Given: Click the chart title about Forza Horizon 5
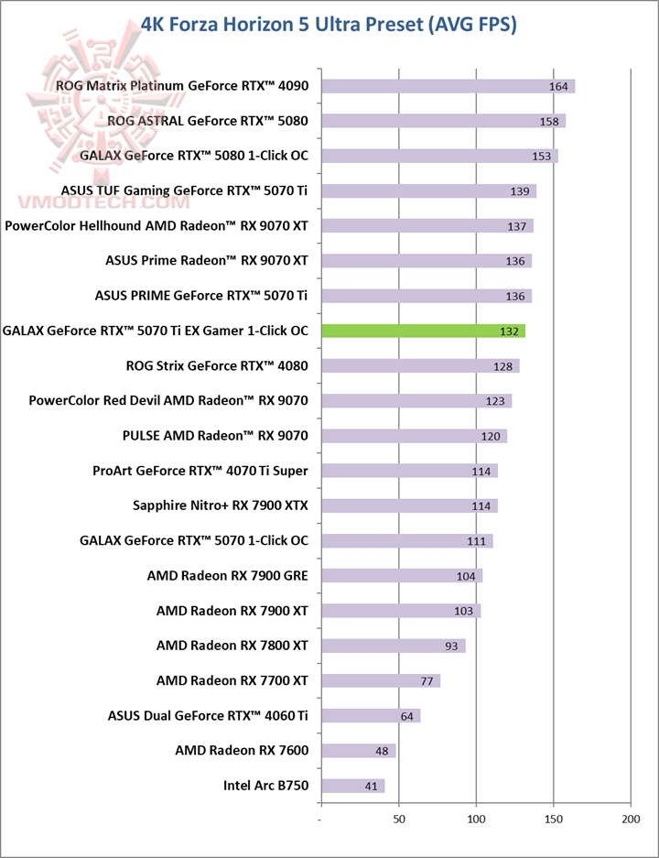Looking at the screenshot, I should click(329, 24).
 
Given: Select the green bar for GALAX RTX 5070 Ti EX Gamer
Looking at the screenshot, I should click(423, 331).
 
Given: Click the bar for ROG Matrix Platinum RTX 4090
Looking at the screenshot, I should click(448, 86).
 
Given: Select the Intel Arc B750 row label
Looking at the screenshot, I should click(265, 786).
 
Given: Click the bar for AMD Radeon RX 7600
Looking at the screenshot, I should click(358, 751).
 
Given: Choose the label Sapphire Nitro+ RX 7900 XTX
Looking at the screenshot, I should click(221, 505).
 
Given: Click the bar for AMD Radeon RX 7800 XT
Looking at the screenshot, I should click(393, 646).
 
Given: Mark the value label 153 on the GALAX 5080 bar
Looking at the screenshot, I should click(542, 157).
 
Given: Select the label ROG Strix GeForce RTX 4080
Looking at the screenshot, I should click(217, 365).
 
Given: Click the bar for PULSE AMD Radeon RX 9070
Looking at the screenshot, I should click(414, 436).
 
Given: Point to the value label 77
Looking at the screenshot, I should click(426, 681).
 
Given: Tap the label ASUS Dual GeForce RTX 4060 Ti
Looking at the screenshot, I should click(208, 715).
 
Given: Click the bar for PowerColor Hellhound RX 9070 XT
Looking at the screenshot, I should click(427, 226).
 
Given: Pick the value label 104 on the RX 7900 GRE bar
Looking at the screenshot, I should click(466, 577).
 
